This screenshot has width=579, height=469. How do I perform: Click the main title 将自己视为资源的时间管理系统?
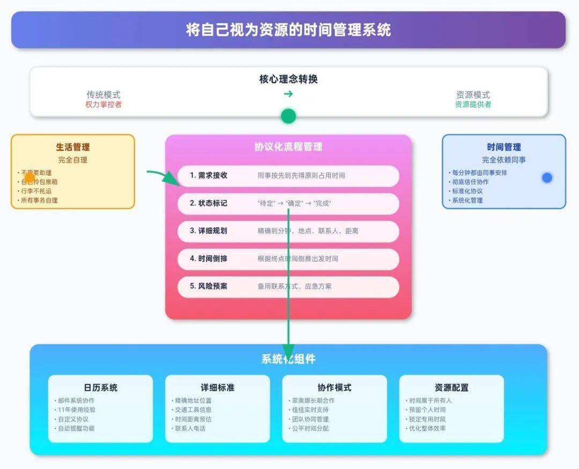(x=288, y=30)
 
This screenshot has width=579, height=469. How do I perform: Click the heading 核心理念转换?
(x=288, y=79)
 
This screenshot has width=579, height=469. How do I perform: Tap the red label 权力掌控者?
(x=103, y=105)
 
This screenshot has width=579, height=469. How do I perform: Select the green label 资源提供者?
(x=473, y=105)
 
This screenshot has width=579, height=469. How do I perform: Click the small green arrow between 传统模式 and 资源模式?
(x=288, y=94)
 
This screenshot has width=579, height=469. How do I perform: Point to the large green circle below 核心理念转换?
(x=288, y=116)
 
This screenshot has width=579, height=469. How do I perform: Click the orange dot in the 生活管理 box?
(x=29, y=177)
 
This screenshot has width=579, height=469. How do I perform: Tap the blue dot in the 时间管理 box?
(x=547, y=177)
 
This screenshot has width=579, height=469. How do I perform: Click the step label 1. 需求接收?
(x=209, y=175)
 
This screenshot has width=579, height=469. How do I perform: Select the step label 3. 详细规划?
(x=209, y=231)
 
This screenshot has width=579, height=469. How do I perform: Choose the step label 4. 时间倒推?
(x=209, y=258)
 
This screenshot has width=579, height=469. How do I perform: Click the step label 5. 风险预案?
(x=209, y=286)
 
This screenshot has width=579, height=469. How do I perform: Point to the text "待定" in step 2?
(x=266, y=204)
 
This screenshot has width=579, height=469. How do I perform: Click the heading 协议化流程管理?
(x=288, y=147)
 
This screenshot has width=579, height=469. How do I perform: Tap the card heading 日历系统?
(x=100, y=388)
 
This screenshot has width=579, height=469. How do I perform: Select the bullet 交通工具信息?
(x=193, y=410)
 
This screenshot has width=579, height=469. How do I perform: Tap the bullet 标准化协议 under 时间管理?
(x=467, y=191)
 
